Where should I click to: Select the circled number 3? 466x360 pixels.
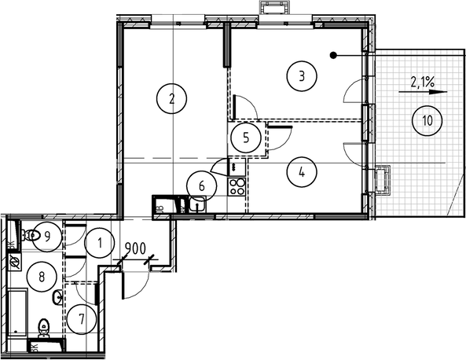(302, 76)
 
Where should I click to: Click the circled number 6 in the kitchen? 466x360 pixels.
(202, 186)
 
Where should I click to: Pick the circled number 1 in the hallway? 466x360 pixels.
(100, 243)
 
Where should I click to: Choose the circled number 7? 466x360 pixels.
(82, 318)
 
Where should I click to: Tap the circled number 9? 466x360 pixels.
(48, 234)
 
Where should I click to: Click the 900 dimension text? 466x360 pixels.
(136, 248)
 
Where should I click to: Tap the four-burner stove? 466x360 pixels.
(237, 187)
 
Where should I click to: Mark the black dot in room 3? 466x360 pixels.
(334, 56)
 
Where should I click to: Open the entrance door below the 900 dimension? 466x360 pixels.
(133, 279)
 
